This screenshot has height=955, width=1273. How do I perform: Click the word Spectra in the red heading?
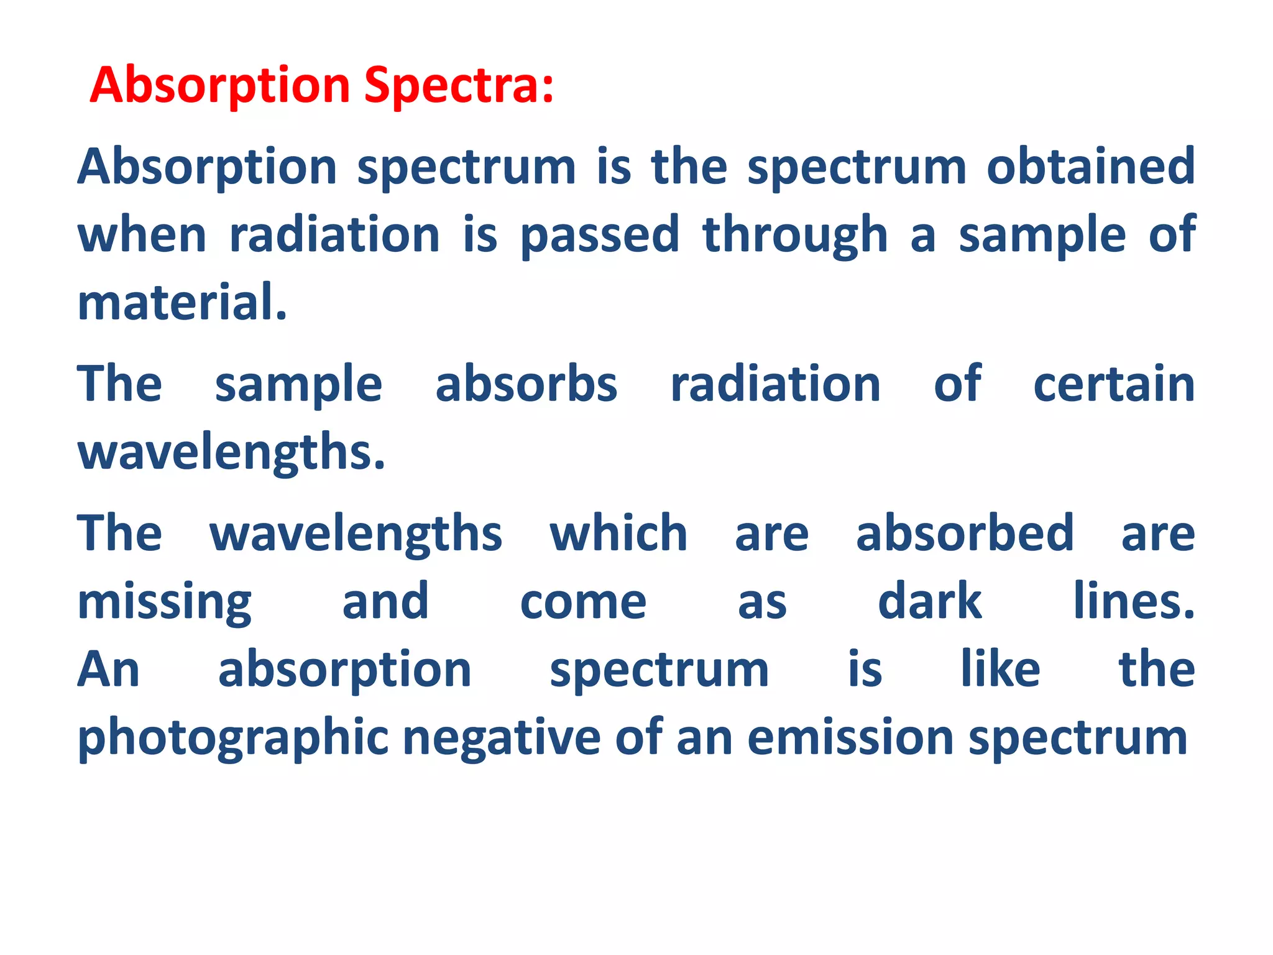458,86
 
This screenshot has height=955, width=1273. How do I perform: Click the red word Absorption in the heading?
220,86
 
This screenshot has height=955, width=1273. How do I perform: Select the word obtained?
1091,167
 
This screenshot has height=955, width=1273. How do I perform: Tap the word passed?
600,235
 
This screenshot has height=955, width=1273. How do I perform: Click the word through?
795,235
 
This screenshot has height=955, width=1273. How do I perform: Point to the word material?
182,303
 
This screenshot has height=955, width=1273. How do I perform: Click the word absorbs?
526,384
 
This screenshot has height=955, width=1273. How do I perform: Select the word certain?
1114,384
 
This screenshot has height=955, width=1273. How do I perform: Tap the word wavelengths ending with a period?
231,453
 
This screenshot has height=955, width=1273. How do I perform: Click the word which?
618,533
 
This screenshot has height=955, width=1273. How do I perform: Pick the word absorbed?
965,533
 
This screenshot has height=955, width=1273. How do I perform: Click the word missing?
164,602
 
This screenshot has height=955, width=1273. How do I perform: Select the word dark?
929,602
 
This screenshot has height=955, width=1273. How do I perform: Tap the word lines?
1134,602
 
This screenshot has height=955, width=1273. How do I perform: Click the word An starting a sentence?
109,670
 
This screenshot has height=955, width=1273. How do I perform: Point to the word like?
1000,670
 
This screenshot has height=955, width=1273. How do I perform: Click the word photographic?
233,738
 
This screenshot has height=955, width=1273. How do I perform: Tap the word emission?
850,738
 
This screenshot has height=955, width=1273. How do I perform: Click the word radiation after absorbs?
775,384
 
